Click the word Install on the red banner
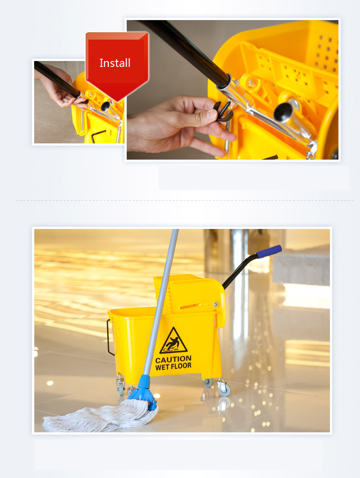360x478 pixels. click(x=115, y=63)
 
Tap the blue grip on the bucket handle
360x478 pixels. click(x=269, y=251)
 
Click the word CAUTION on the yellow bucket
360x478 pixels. click(x=173, y=359)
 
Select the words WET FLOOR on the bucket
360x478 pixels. click(x=173, y=366)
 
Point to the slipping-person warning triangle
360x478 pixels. click(x=173, y=341)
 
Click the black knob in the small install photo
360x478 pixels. click(x=106, y=106)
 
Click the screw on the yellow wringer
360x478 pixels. click(x=216, y=304)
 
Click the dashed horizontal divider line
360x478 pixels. click(x=182, y=200)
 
